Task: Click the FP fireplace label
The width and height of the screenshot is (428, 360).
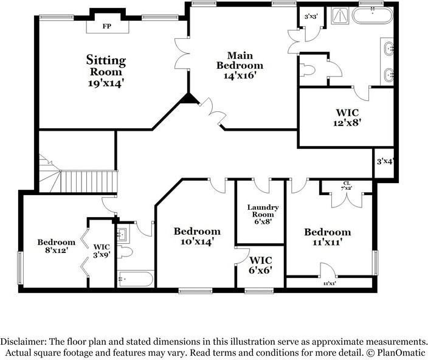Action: point(107,27)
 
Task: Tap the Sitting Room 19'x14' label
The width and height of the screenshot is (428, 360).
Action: point(106,71)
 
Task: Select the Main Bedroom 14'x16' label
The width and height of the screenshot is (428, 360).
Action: point(240,65)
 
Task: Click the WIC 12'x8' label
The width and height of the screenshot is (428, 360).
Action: point(347,117)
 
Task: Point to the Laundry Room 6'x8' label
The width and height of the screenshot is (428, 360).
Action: point(263,214)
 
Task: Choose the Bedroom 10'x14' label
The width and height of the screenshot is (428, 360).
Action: point(197,237)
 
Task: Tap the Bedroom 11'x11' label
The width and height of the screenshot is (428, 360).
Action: point(328,237)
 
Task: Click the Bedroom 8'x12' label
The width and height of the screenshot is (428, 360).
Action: point(56,246)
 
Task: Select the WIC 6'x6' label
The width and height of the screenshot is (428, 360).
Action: point(260,265)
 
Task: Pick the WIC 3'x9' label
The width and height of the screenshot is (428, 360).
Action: point(102,251)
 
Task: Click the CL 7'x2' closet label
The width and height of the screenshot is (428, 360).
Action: point(347,185)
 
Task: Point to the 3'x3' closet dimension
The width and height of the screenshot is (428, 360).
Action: point(311,16)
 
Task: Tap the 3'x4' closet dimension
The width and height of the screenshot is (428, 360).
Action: point(385,162)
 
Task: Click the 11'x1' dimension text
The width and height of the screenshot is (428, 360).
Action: point(330,283)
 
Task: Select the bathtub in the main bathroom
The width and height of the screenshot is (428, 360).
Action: point(372,16)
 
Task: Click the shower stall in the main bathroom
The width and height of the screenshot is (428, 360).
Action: point(340,16)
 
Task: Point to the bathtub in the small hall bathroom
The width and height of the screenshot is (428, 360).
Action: point(135,279)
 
